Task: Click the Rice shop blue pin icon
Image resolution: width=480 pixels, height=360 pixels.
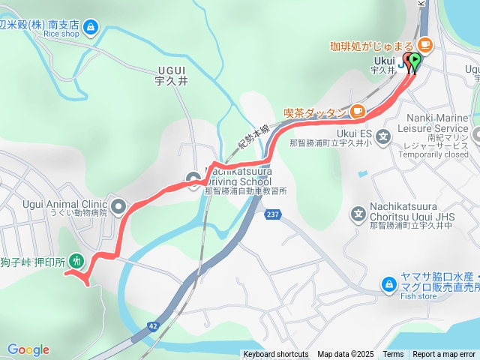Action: pos(91,28)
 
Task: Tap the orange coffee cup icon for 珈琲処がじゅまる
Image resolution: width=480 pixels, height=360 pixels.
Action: pos(424,45)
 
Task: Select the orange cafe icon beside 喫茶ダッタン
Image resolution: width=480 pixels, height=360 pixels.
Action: pos(357,112)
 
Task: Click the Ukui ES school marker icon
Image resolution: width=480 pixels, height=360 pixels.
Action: pos(383,136)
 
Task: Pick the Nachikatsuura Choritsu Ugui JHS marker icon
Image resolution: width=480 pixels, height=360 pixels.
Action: pos(358,216)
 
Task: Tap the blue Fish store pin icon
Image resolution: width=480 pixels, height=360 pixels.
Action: pos(388,284)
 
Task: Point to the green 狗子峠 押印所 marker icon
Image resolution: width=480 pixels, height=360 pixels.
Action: pos(76,261)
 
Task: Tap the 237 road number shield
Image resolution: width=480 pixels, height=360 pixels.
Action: pos(271,215)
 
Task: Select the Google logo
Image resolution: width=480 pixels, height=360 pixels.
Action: pos(28,349)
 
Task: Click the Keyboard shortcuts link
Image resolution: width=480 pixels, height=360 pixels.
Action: pos(275,355)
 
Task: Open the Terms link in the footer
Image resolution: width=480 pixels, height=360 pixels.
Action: pos(393,355)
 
